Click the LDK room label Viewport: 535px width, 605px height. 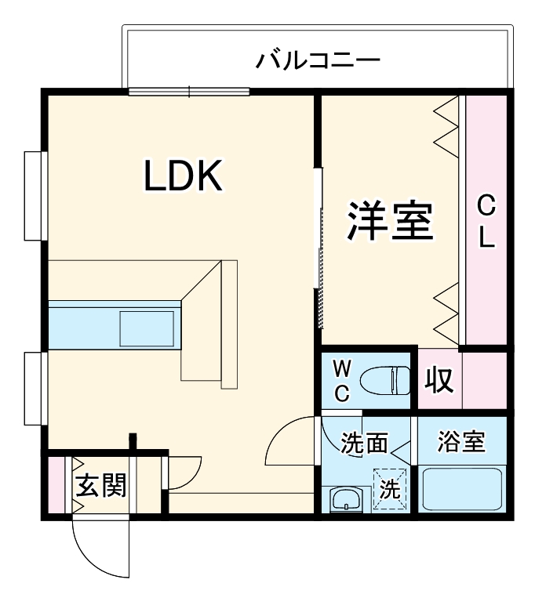184,177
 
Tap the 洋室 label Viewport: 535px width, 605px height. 391,221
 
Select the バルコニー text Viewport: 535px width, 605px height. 318,60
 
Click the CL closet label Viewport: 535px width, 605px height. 487,223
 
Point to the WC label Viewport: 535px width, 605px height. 342,380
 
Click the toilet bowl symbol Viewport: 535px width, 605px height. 384,381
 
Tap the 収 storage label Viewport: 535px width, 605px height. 439,381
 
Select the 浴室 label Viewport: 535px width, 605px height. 461,443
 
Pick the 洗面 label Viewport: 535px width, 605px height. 365,444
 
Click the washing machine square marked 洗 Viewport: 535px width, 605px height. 391,490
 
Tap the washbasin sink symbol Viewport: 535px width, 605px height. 345,499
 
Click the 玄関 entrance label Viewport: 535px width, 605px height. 100,486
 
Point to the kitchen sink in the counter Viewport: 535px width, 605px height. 147,328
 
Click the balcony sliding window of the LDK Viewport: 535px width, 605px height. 189,91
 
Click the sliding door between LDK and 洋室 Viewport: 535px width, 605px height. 318,247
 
